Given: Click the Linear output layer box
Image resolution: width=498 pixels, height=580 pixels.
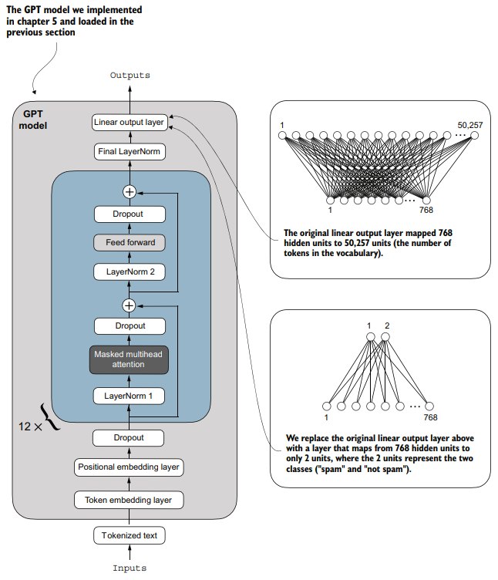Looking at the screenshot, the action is point(130,122).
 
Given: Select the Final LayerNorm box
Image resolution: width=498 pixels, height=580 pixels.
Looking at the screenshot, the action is point(130,152).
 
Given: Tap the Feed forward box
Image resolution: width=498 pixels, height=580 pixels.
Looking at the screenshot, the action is point(130,243).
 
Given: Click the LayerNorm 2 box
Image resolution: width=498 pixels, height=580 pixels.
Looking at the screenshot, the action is point(130,271).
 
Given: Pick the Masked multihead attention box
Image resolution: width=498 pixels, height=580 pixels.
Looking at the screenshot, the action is point(129,359).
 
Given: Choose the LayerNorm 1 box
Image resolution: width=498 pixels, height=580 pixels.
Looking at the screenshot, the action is point(129,396).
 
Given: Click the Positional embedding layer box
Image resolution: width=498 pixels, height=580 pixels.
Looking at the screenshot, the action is point(129,467).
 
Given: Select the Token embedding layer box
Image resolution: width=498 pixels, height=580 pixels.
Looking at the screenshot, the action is point(129,500).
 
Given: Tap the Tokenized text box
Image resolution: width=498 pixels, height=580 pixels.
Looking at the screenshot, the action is point(130,535).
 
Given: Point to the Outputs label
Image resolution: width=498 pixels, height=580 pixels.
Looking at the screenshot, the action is point(130,76).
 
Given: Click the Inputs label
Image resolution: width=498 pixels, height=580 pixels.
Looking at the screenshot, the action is point(130,568).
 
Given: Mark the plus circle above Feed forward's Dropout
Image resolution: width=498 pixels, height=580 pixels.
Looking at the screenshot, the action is point(130,192).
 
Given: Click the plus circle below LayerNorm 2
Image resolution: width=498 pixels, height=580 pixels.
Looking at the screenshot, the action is point(129,306).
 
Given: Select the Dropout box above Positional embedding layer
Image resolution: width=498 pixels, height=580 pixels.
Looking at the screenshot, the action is point(128,438).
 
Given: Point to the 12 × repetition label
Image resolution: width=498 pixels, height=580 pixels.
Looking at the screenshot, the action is point(30,427).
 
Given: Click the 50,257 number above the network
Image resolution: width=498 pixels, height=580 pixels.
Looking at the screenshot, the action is point(470,125).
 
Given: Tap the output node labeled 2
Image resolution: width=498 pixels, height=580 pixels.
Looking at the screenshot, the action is point(385,337).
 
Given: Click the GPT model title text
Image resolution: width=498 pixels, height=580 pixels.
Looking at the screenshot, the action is point(33,120).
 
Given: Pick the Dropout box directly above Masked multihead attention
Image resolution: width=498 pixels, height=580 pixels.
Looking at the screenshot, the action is point(130,326).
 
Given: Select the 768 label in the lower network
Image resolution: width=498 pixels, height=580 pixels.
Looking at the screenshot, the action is point(430,417).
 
